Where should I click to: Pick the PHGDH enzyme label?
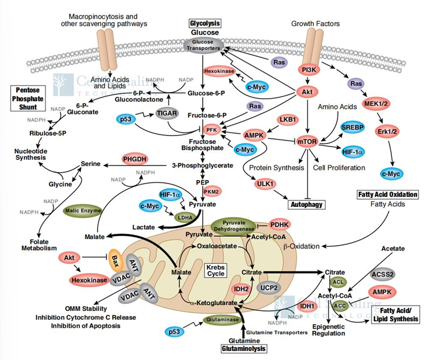[x=134, y=160]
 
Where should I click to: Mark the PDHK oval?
[x=279, y=224]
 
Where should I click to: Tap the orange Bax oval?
[x=118, y=258]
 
